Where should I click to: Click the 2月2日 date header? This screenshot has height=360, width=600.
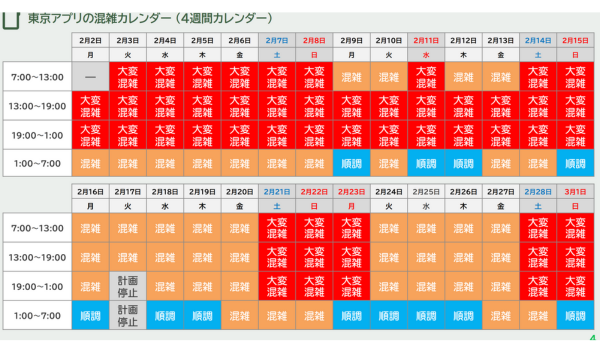coord(91,40)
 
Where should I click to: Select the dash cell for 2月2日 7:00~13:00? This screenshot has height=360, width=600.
coord(91,76)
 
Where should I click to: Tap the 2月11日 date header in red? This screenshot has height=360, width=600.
coord(425,40)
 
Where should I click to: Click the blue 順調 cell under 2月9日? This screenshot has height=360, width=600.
coord(351,163)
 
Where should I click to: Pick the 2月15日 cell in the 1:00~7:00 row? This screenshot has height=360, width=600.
coord(575,163)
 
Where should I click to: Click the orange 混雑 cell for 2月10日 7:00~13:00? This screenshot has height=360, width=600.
coord(388,76)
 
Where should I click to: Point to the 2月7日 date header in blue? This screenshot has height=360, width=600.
coord(277,40)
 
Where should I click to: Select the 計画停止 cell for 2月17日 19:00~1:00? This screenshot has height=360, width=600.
coord(128,286)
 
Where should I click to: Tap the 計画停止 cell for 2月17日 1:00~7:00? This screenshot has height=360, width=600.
coord(128,317)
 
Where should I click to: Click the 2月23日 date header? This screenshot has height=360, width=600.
coord(351,191)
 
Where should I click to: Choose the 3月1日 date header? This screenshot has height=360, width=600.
coord(575,191)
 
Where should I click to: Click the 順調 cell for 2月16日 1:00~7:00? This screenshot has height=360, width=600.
coord(91,317)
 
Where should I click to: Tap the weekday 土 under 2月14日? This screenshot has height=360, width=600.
coord(537,56)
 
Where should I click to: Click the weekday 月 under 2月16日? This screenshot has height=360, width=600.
coord(91,206)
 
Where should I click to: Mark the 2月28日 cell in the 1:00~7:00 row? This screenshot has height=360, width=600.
coord(537,317)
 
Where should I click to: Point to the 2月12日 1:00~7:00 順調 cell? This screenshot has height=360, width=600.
coord(462,163)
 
